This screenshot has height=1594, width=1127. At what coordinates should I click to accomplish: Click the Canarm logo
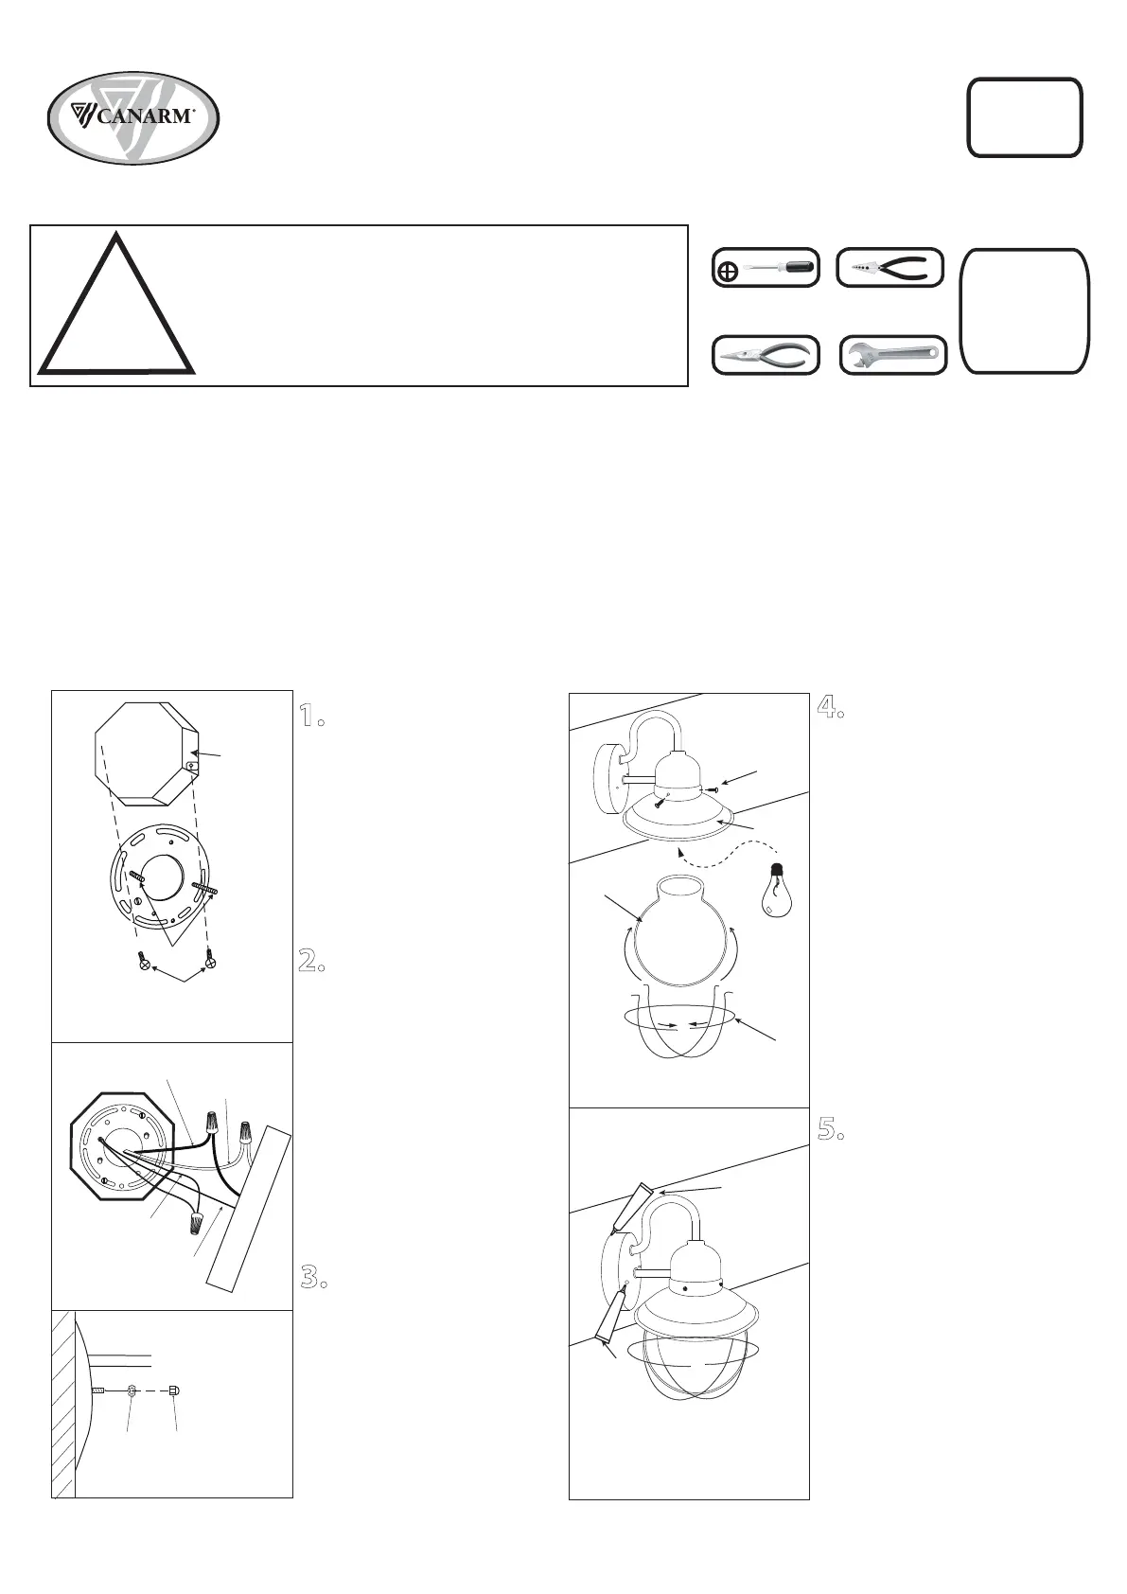point(133,118)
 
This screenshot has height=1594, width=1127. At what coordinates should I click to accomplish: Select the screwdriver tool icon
point(766,268)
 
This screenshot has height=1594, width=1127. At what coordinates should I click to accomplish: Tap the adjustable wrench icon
point(893,354)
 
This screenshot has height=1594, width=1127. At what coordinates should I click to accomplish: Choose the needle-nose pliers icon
point(766,354)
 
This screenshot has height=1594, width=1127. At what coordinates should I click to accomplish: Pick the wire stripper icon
point(890,268)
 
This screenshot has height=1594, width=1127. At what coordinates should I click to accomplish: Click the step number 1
point(311,715)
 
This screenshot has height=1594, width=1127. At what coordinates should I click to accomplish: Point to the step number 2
point(311,962)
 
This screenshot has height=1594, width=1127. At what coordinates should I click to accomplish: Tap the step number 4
point(830,706)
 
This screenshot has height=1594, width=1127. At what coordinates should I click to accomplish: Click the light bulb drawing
point(776,889)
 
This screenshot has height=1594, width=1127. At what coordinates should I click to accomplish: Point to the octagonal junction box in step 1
point(148,753)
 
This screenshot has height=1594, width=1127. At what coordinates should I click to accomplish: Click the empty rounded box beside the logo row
point(1025,117)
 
